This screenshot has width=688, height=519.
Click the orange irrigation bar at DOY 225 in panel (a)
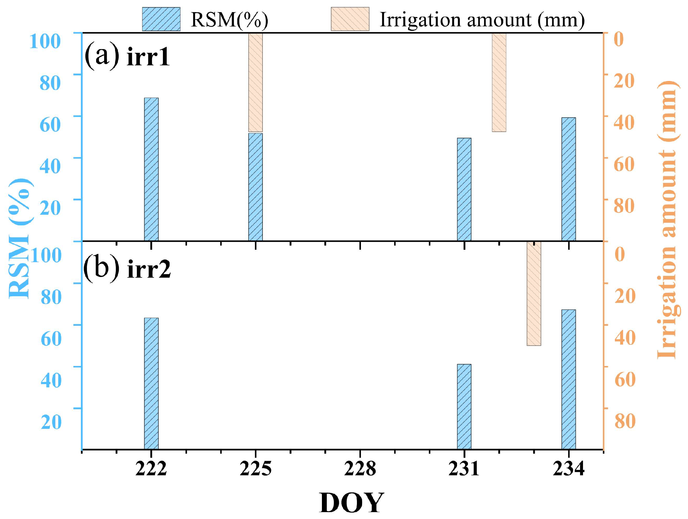255,82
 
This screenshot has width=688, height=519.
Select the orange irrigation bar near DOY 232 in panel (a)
499,82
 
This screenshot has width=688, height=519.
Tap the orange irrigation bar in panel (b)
534,293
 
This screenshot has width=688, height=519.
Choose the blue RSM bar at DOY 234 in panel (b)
568,379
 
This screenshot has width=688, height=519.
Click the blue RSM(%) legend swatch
161,19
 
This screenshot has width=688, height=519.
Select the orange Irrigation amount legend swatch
350,19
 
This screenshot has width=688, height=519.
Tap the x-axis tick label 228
360,468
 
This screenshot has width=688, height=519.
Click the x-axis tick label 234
568,468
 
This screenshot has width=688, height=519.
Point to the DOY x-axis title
351,503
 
